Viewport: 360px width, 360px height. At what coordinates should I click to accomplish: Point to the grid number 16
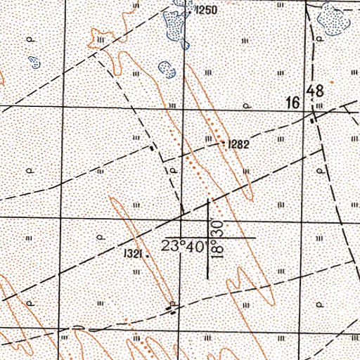click(294, 104)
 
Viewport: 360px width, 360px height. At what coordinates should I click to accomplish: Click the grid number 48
click(315, 91)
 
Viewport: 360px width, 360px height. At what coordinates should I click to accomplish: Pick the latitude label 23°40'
click(181, 247)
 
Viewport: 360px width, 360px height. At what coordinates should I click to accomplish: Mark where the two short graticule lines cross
click(209, 238)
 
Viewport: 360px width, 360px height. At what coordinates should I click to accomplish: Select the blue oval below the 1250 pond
click(167, 70)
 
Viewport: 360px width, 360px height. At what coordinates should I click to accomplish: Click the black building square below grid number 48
click(314, 120)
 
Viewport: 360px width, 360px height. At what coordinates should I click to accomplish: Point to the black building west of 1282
click(153, 148)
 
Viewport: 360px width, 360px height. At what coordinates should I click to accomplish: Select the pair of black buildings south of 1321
click(172, 307)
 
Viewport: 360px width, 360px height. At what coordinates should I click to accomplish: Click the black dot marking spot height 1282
click(224, 143)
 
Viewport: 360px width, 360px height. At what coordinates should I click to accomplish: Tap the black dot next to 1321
click(148, 257)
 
